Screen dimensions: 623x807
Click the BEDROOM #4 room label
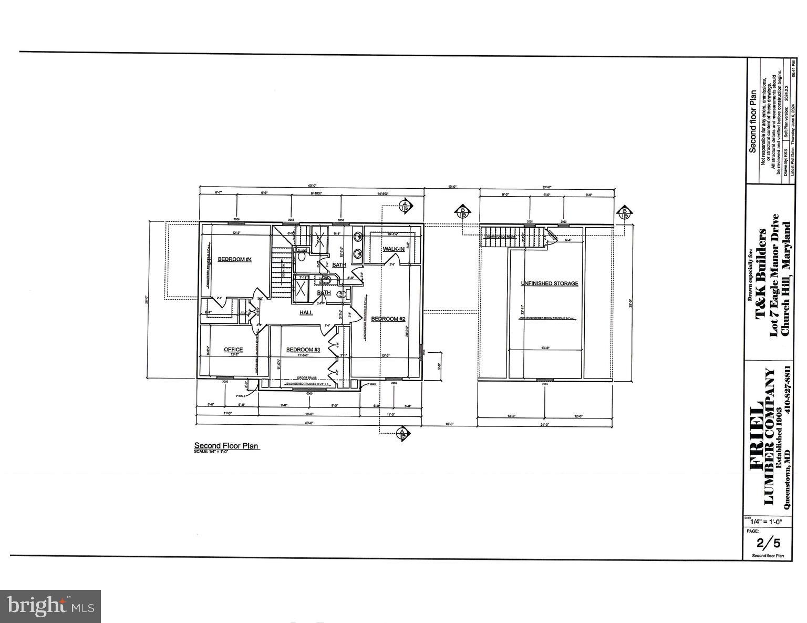pyautogui.click(x=235, y=259)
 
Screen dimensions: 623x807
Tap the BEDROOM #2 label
pyautogui.click(x=388, y=319)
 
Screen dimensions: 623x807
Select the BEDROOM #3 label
pyautogui.click(x=303, y=350)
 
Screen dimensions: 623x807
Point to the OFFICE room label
pyautogui.click(x=233, y=350)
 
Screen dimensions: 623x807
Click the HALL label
pyautogui.click(x=306, y=313)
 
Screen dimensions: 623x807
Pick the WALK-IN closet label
pyautogui.click(x=394, y=249)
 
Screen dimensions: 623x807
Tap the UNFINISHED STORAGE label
pyautogui.click(x=549, y=283)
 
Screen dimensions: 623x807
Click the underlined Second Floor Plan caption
pyautogui.click(x=226, y=445)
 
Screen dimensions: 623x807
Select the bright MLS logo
pyautogui.click(x=50, y=606)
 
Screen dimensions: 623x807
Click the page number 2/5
pyautogui.click(x=767, y=543)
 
